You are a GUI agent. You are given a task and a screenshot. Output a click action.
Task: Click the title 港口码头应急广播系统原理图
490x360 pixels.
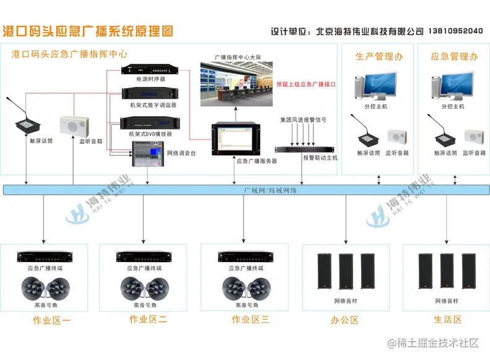[89, 30]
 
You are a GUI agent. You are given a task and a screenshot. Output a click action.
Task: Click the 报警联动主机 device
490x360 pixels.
[304, 149]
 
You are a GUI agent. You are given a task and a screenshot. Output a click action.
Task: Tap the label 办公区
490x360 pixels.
[344, 320]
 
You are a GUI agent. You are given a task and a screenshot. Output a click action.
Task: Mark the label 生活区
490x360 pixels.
[447, 320]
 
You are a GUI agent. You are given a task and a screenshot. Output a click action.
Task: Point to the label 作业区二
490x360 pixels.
[148, 320]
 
